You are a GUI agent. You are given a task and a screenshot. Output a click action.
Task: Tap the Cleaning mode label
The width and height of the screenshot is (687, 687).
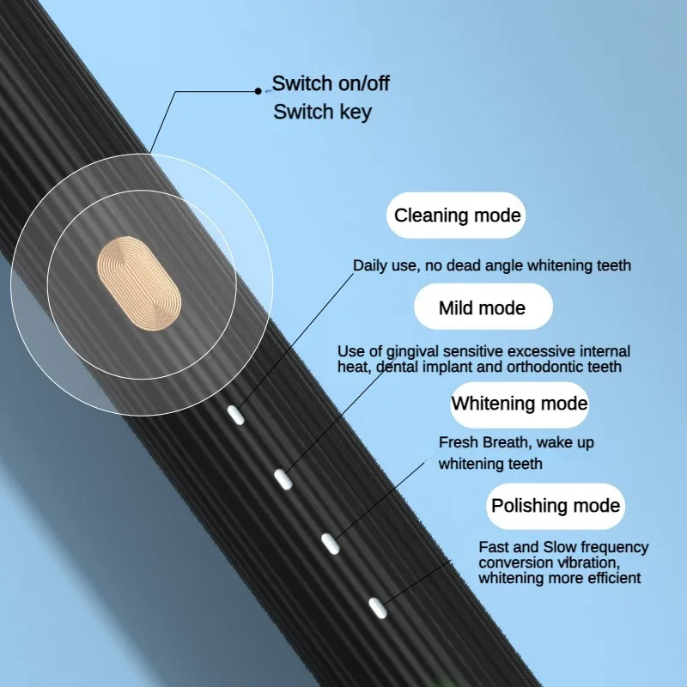pos(457,215)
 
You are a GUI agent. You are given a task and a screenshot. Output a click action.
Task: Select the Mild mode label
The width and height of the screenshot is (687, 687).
pos(482,307)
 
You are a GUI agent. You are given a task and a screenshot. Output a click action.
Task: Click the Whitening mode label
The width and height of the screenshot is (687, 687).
pos(519,404)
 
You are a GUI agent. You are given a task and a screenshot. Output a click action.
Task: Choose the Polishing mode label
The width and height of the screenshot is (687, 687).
pos(555,505)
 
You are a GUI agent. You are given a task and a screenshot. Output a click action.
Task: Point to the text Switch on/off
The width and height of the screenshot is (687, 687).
pos(331,84)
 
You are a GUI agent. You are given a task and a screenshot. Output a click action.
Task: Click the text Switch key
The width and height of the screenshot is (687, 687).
pos(322,112)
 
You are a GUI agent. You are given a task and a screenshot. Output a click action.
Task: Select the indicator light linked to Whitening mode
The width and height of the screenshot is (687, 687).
pos(330,541)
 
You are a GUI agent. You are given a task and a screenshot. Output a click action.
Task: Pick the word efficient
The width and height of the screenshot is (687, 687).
pos(611,578)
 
